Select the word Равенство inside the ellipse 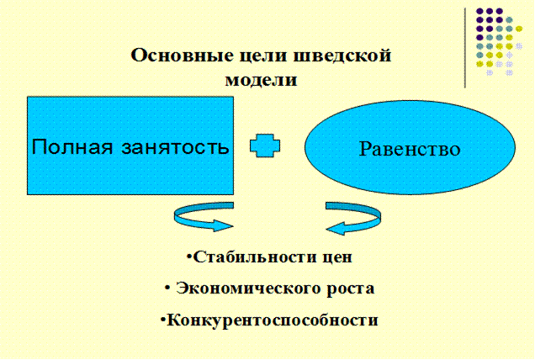click(x=410, y=150)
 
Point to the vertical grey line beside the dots click(x=465, y=46)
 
